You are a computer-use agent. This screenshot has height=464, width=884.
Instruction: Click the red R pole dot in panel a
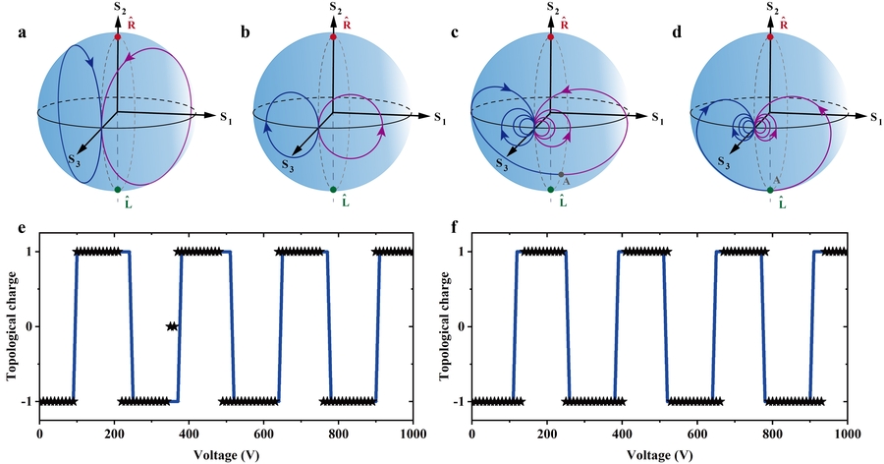coord(117,36)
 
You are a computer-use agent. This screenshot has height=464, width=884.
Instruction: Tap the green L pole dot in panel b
coord(334,189)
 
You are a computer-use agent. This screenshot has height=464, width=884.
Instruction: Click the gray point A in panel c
coord(560,175)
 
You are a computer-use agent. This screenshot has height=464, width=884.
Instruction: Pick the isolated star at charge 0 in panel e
coord(172,326)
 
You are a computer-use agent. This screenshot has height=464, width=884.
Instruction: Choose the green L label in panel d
coord(781,203)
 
